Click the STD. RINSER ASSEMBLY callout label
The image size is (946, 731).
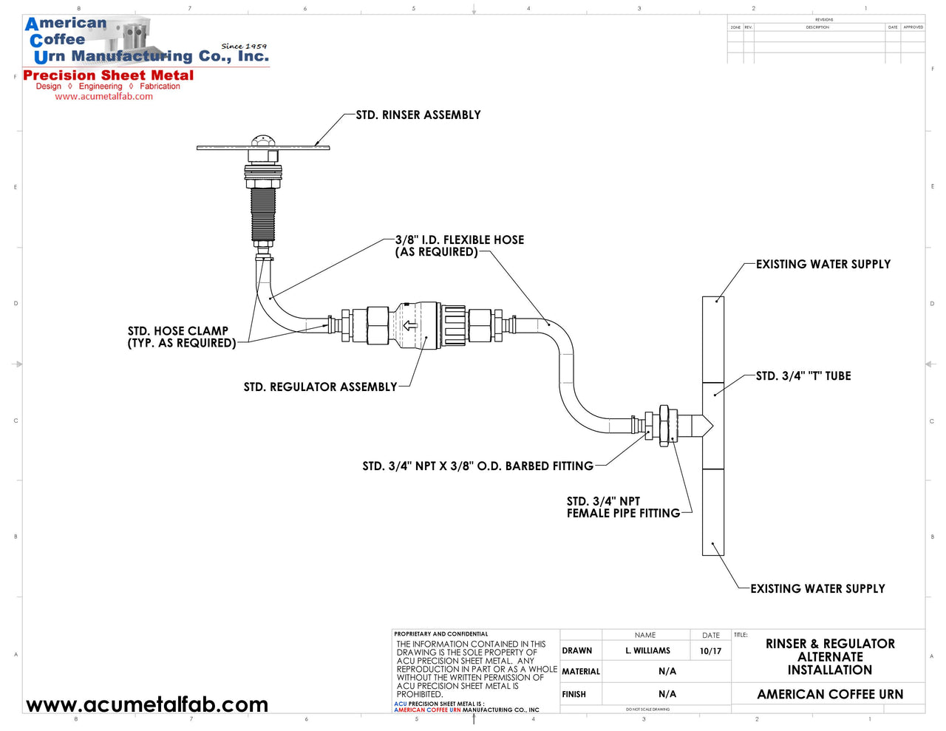click(418, 115)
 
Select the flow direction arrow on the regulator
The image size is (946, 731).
click(409, 325)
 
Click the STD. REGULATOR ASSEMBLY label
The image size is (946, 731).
click(320, 387)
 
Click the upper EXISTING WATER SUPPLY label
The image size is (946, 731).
click(823, 265)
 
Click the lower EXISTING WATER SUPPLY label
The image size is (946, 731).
click(817, 589)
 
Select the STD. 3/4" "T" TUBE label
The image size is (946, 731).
click(803, 376)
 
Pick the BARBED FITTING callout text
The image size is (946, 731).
click(477, 466)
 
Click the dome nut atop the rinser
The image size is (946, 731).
click(262, 141)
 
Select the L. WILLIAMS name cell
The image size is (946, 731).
click(647, 651)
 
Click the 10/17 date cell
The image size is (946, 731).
click(710, 651)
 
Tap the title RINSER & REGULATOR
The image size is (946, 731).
click(830, 645)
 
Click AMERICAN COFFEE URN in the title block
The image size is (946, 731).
click(830, 695)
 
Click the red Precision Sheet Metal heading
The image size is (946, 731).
click(109, 75)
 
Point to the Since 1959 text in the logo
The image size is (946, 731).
click(244, 46)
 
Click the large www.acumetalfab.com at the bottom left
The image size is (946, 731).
click(147, 705)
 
